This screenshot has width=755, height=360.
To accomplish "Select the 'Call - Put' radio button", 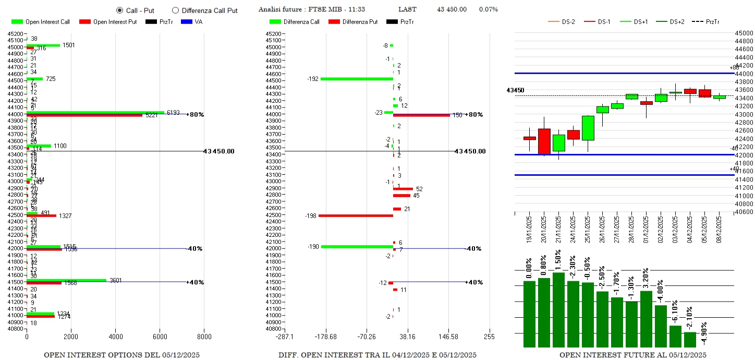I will click(119, 10).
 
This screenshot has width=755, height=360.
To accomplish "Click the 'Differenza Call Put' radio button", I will click(175, 10).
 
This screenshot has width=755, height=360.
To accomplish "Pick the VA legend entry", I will click(192, 22).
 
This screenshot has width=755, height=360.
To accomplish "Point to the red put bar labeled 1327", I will click(41, 215).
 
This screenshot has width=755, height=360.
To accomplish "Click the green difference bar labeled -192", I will click(357, 79).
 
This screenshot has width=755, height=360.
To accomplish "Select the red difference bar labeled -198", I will click(356, 215).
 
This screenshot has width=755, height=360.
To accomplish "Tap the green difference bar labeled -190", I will click(357, 247).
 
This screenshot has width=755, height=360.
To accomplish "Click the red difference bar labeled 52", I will click(403, 189).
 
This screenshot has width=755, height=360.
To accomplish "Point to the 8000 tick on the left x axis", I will click(204, 337).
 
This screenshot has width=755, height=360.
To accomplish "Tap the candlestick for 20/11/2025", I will click(544, 141).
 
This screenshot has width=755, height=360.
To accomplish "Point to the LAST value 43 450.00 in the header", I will click(452, 9).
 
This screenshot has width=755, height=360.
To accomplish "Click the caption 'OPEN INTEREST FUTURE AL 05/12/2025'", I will click(633, 355).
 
